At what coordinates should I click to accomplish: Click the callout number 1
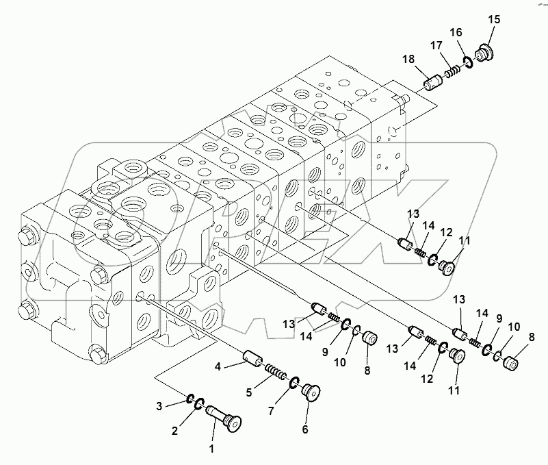211,449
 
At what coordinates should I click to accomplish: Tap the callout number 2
174,431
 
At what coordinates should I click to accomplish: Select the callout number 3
159,407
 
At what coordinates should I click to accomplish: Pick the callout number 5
249,392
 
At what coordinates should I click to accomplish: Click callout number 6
305,429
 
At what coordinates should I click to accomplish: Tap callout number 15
494,20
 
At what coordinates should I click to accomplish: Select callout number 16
456,32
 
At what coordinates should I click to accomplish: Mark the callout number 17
435,45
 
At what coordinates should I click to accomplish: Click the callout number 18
408,60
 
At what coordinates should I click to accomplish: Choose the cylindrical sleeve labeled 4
252,357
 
